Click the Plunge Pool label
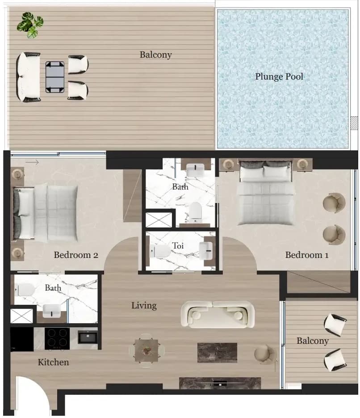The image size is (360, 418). click(279, 77)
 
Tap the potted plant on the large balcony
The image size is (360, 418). click(30, 25)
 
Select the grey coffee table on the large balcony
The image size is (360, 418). click(55, 77)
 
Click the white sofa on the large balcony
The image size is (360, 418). click(28, 77)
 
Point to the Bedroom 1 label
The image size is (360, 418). click(307, 255)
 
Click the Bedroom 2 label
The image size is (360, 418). click(76, 255)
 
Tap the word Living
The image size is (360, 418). click(144, 305)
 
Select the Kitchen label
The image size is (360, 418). click(53, 362)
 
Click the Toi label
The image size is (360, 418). click(178, 245)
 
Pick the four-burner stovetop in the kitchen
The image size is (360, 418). click(57, 338)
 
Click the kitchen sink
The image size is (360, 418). click(88, 337)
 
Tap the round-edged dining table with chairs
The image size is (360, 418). click(146, 350)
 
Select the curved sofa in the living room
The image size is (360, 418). click(217, 315)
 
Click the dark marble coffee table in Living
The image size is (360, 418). click(217, 353)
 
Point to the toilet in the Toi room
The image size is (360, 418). click(160, 251)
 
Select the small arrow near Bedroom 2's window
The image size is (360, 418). click(32, 162)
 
